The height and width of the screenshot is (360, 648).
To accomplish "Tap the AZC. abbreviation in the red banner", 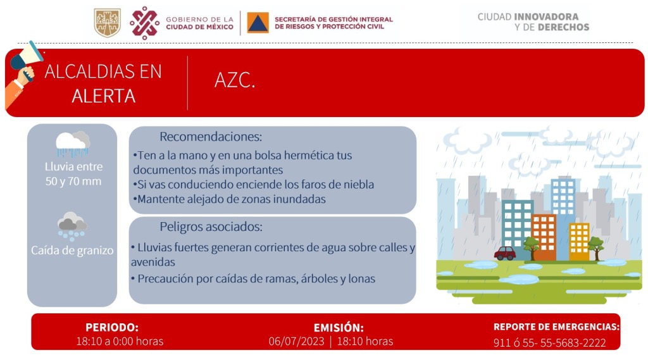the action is tap(235, 80).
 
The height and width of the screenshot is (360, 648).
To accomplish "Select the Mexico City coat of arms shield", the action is tap(108, 23).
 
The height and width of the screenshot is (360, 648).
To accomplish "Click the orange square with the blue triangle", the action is tap(258, 22).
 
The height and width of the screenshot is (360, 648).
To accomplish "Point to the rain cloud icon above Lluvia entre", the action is tap(73, 144).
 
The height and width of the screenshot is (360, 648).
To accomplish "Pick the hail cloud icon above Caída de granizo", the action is tap(72, 227).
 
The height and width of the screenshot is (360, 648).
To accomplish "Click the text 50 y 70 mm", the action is tap(73, 181).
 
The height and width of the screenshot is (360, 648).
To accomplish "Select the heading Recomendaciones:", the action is tap(211, 137).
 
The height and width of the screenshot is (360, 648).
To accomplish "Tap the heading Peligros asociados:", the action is tap(211, 227).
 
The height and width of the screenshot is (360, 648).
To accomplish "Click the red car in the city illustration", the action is tap(505, 253).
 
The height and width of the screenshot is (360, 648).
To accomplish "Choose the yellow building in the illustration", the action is tap(580, 242).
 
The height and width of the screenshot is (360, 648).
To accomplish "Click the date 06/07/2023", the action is tap(297, 342).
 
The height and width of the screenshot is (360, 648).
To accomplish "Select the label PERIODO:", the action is tap(112, 327).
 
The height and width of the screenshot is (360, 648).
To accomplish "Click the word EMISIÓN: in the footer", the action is tap(339, 328).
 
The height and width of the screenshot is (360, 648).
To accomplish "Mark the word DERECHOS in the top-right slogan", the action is tap(564, 27).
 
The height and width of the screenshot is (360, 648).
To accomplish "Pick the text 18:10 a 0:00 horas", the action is tap(120, 342).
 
